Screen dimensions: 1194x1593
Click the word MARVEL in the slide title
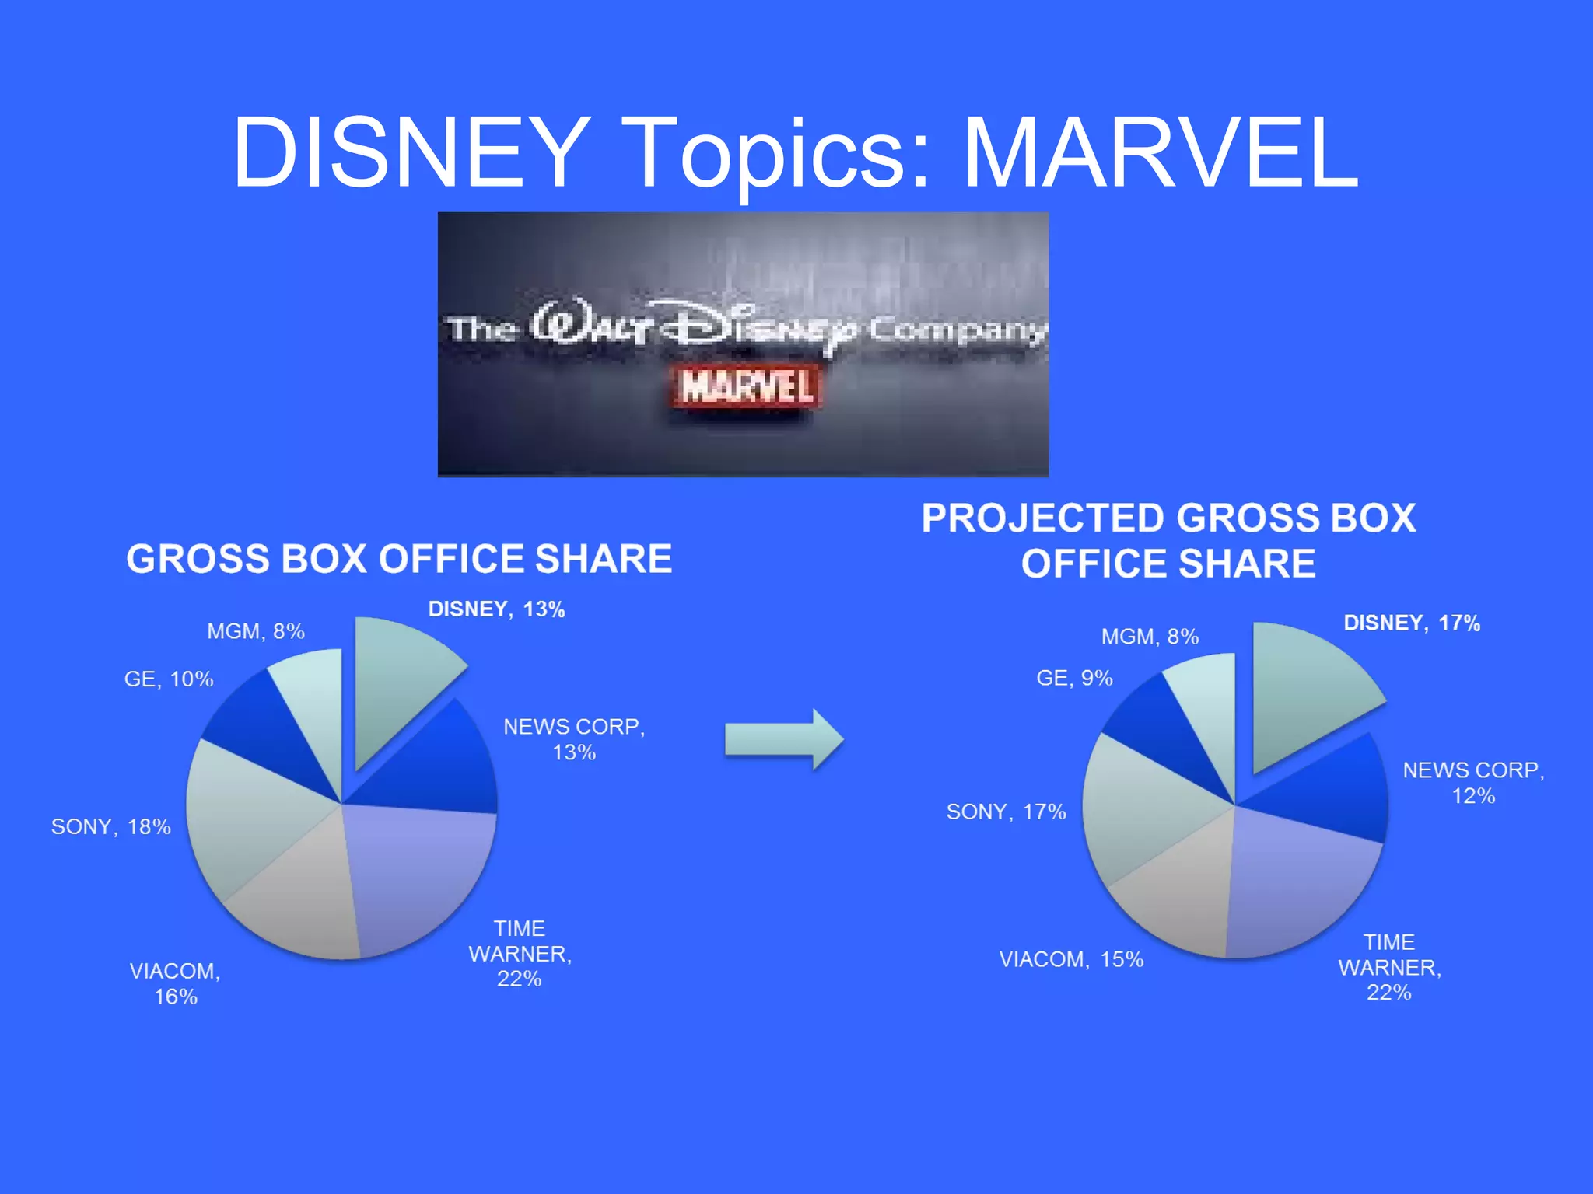[1161, 153]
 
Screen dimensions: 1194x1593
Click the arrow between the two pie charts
[783, 739]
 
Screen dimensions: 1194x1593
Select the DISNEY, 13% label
[496, 609]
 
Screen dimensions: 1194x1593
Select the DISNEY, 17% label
[1411, 623]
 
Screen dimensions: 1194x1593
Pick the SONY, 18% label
[110, 826]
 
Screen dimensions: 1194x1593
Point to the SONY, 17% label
[1005, 812]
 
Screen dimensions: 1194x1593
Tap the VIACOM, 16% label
[175, 983]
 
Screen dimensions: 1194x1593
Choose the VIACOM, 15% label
[1070, 960]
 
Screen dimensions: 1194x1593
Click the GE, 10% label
[168, 679]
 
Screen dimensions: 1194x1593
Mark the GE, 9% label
[1073, 678]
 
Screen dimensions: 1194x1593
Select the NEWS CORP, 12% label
[1473, 783]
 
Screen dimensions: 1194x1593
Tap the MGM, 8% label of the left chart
[255, 631]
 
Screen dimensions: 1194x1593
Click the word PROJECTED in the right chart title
[1042, 518]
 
